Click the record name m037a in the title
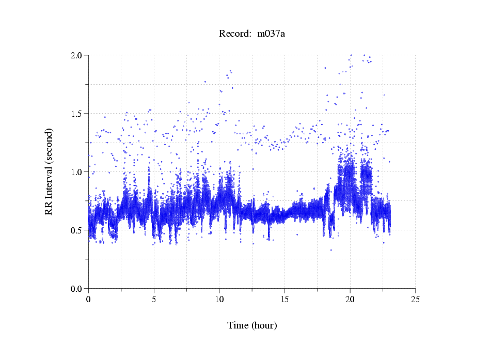(x=271, y=34)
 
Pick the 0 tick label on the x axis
(x=89, y=299)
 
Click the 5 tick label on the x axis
(x=154, y=299)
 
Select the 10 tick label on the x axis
(x=219, y=299)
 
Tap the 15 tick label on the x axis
(x=285, y=299)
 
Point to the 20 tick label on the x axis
(x=350, y=299)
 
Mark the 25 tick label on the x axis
(x=416, y=299)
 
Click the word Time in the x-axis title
(x=239, y=325)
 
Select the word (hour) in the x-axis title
(x=264, y=325)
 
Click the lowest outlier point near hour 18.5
(x=331, y=250)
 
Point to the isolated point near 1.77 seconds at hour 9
(x=205, y=82)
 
